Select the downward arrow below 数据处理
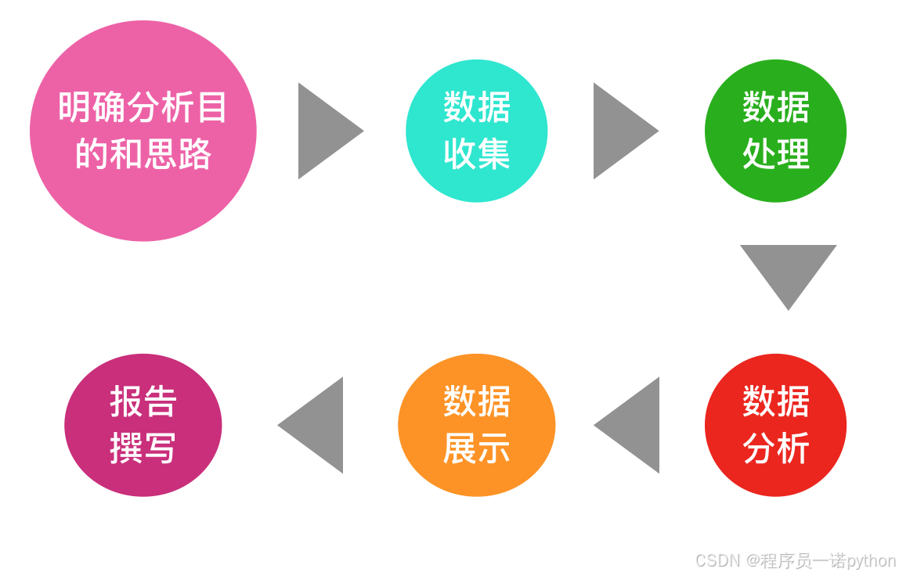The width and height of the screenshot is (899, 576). [788, 269]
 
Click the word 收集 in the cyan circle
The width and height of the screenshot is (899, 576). [476, 154]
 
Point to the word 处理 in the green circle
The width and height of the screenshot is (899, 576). [775, 154]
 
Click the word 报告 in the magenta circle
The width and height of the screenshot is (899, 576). [143, 402]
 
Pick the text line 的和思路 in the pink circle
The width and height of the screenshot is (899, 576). [143, 154]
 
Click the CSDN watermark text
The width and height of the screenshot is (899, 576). [717, 560]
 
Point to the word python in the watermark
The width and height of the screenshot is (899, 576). [872, 561]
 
